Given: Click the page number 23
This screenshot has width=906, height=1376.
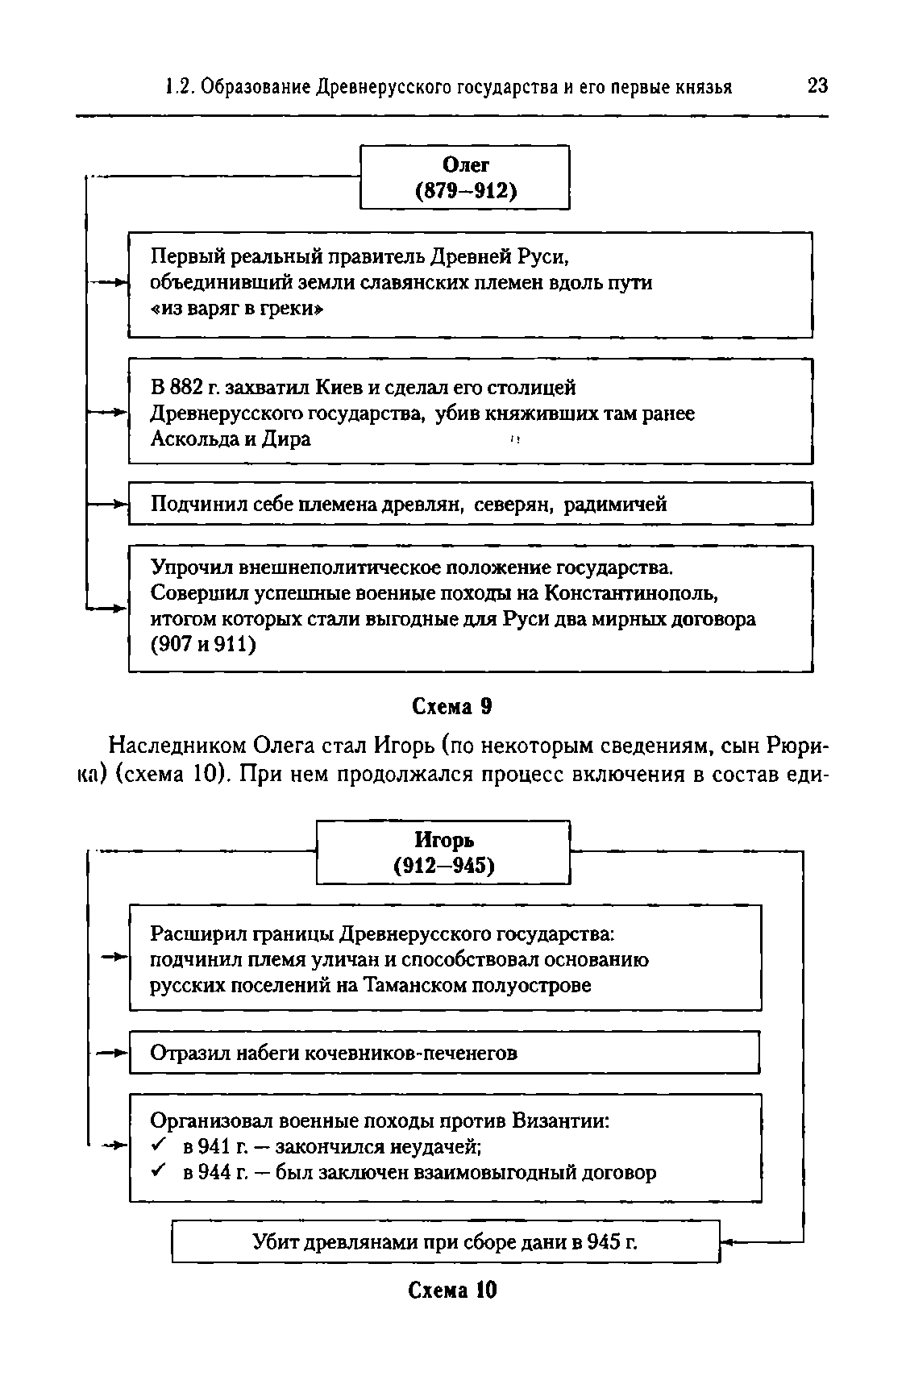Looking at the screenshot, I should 817,85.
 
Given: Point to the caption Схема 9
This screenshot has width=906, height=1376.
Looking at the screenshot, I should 451,706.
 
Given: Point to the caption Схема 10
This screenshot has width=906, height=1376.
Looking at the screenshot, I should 452,1290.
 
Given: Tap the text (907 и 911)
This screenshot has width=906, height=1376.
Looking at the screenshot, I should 204,645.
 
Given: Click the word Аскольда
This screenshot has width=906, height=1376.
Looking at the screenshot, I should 191,439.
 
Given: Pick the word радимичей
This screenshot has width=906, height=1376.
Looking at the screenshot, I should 615,505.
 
